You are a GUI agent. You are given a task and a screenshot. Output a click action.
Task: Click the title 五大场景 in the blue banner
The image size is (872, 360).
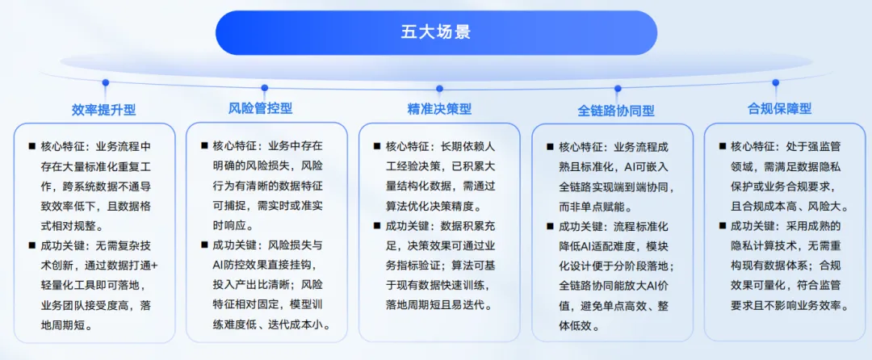(x=436, y=31)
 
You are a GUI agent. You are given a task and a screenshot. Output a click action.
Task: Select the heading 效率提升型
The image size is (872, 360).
(x=104, y=110)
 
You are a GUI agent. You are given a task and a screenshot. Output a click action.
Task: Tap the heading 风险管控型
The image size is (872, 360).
(x=260, y=108)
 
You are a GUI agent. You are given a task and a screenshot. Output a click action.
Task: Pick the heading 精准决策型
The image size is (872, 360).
(x=439, y=109)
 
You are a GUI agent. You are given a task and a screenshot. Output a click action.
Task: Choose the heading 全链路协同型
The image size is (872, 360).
(x=616, y=110)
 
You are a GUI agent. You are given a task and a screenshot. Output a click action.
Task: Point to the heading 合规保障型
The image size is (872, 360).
(x=779, y=108)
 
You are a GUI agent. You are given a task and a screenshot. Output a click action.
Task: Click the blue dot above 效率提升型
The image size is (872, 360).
(x=106, y=83)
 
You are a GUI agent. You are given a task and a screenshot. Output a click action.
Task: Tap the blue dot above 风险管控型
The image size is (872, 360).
(x=265, y=87)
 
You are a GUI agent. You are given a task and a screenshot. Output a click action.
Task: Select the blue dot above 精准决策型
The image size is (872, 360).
(x=439, y=88)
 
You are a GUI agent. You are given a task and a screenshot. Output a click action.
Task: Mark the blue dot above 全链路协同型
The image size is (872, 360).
(x=618, y=88)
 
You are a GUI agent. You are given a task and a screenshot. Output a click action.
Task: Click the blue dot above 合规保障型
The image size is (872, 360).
(x=776, y=83)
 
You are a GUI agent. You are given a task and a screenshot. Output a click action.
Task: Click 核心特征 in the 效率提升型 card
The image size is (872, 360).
(x=60, y=147)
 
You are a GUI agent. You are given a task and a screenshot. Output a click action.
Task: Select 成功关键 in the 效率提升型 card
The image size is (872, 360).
(x=60, y=245)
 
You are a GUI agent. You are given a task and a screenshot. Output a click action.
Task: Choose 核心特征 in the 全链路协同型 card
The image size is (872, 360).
(x=578, y=147)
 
